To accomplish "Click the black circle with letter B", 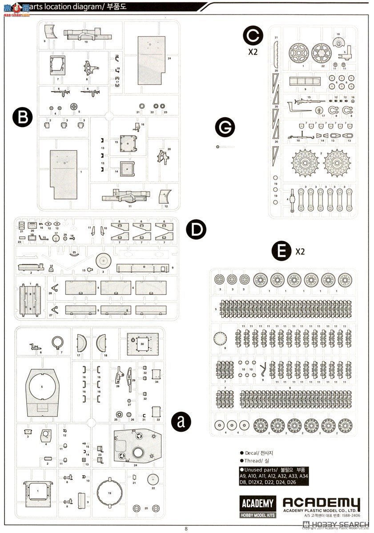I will pos(23,117).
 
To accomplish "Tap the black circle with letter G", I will pos(225,127).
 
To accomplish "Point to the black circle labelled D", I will pos(197,229).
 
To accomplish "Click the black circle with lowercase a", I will pos(181,421).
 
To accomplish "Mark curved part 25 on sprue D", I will pos(75,255).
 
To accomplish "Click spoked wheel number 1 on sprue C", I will pos(302,54).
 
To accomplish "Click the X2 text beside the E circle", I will pos(300,251).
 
